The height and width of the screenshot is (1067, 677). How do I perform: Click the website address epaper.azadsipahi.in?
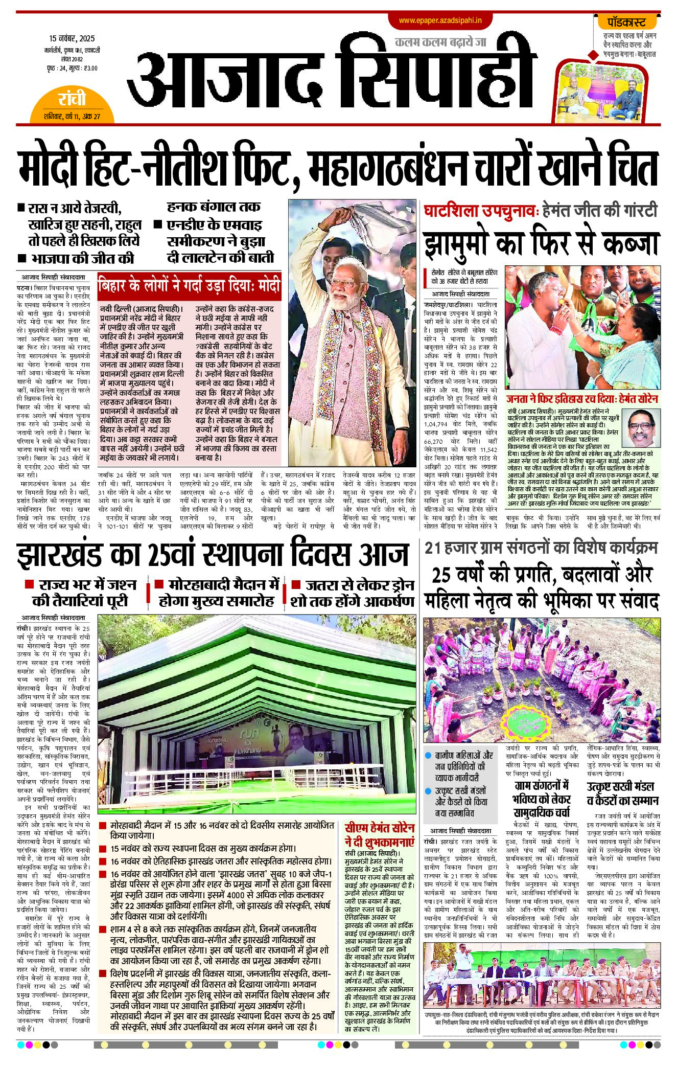[x=440, y=20]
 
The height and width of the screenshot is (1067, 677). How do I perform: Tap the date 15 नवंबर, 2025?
[x=72, y=38]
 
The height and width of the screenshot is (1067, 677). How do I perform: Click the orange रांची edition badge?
[x=72, y=99]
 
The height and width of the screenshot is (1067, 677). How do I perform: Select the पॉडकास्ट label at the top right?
[x=626, y=22]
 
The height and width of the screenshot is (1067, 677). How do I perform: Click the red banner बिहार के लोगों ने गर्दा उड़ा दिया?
[x=189, y=285]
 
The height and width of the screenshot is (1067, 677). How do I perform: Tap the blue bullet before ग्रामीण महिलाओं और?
[x=428, y=756]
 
